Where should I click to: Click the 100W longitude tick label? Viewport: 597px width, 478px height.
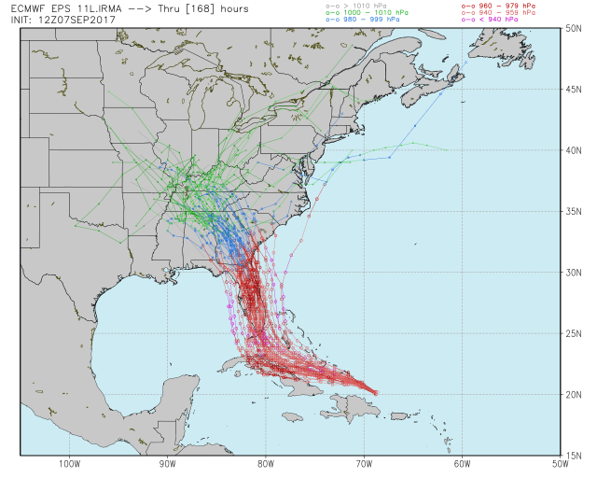coord(68,463)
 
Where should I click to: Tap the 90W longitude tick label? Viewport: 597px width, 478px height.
coord(167,463)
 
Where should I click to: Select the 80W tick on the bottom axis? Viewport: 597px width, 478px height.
coord(266,463)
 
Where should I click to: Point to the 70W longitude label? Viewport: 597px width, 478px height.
coord(364,463)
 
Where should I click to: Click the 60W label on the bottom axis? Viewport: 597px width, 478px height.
coord(463,463)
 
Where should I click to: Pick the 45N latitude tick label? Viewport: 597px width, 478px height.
coord(574,89)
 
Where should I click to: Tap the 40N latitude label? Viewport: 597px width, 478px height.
coord(574,149)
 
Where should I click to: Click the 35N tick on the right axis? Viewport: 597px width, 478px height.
coord(574,211)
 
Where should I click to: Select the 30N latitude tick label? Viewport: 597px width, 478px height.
coord(574,272)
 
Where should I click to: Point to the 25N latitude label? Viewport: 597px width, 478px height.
coord(574,333)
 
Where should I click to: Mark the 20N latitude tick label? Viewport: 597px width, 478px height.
coord(574,394)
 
